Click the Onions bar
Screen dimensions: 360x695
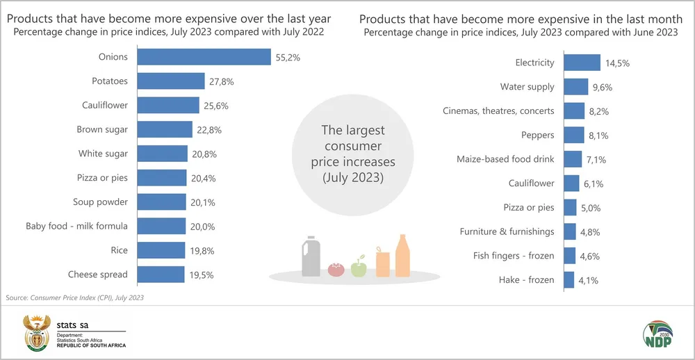click(204, 57)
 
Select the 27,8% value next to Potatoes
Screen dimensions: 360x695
click(221, 81)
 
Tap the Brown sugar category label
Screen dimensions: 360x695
click(102, 129)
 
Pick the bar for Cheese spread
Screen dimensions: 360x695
click(161, 275)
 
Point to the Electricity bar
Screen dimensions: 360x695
click(581, 63)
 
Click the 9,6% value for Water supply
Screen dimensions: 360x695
click(603, 87)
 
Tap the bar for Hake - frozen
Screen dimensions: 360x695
click(569, 280)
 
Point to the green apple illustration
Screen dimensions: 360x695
click(359, 266)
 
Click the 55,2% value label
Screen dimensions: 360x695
click(288, 57)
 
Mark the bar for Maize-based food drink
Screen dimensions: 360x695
click(572, 159)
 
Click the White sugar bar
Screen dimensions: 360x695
click(163, 154)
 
